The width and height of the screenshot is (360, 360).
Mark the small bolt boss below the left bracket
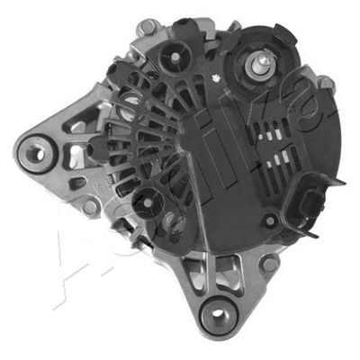pos(90,207)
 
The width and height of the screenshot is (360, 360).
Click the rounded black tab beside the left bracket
pos(95,145)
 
